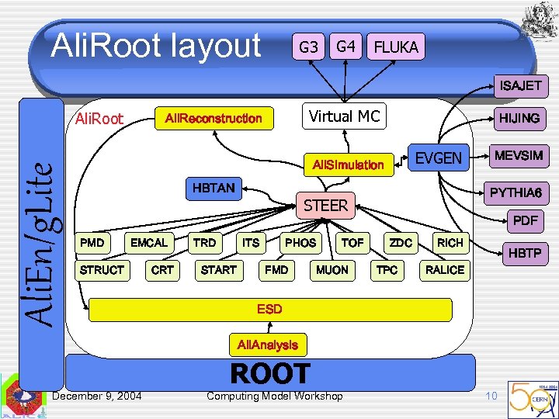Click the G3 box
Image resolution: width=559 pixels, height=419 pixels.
pyautogui.click(x=308, y=47)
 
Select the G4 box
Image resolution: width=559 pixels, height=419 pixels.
pyautogui.click(x=346, y=47)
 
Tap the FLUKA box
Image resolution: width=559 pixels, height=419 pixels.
pyautogui.click(x=396, y=47)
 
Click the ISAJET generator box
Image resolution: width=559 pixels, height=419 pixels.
pyautogui.click(x=520, y=85)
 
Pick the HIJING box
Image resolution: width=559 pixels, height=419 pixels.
pyautogui.click(x=519, y=118)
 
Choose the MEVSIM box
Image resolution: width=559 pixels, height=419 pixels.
pyautogui.click(x=519, y=156)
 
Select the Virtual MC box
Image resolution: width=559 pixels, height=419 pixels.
pyautogui.click(x=344, y=116)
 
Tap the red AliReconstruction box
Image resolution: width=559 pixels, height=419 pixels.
pyautogui.click(x=214, y=118)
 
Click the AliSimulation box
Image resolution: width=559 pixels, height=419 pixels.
pyautogui.click(x=348, y=164)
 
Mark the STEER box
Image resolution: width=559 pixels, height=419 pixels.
pyautogui.click(x=325, y=206)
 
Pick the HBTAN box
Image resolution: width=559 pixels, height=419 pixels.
pyautogui.click(x=214, y=187)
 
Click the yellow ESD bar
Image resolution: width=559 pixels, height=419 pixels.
pyautogui.click(x=269, y=309)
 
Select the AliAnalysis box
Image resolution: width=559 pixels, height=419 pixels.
pyautogui.click(x=267, y=344)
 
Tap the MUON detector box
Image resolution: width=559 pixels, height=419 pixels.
pyautogui.click(x=332, y=270)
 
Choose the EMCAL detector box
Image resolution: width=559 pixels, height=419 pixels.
pyautogui.click(x=149, y=243)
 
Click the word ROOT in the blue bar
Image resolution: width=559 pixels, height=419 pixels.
pyautogui.click(x=269, y=374)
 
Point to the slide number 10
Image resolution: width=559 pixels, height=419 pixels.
pyautogui.click(x=491, y=396)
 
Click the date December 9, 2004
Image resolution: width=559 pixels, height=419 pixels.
pyautogui.click(x=96, y=396)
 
